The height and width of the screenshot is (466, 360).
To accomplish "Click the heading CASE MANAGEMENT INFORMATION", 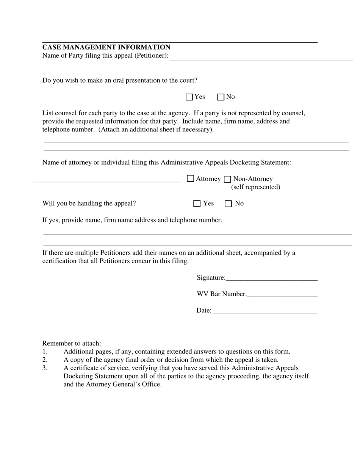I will pyautogui.click(x=106, y=47).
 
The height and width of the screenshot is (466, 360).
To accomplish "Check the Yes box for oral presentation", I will pyautogui.click(x=189, y=97).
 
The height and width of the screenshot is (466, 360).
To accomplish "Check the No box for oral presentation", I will pyautogui.click(x=221, y=97).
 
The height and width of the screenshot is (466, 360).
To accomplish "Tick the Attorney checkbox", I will pyautogui.click(x=191, y=178).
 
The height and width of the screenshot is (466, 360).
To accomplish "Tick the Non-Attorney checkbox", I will pyautogui.click(x=228, y=179).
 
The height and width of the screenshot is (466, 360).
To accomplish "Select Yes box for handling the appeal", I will pyautogui.click(x=197, y=204).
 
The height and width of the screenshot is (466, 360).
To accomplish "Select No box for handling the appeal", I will pyautogui.click(x=228, y=204).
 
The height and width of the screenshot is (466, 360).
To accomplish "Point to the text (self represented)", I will pyautogui.click(x=255, y=187).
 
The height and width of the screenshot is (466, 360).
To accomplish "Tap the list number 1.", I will pyautogui.click(x=45, y=352).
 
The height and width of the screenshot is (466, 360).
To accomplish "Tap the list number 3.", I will pyautogui.click(x=45, y=368).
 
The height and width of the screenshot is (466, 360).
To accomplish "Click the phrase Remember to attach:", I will pyautogui.click(x=72, y=343).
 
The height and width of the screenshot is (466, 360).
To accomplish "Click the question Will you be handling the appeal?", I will pyautogui.click(x=89, y=203).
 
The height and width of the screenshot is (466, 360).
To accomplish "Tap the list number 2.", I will pyautogui.click(x=45, y=360).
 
